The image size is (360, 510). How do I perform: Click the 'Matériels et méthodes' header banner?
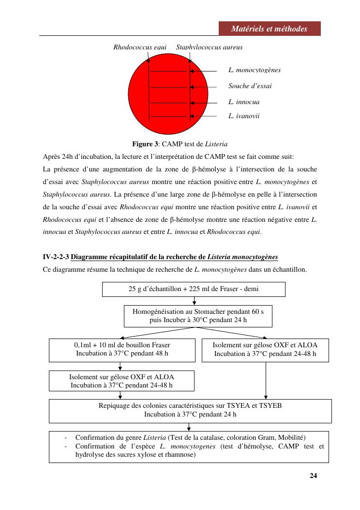pyautogui.click(x=269, y=29)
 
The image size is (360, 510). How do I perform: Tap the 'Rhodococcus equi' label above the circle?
pyautogui.click(x=140, y=47)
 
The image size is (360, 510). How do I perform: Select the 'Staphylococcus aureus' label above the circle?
pyautogui.click(x=209, y=47)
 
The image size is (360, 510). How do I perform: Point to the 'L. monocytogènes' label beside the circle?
pyautogui.click(x=255, y=70)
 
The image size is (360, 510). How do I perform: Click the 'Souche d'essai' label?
pyautogui.click(x=250, y=86)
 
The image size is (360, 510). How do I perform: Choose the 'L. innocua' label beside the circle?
pyautogui.click(x=244, y=102)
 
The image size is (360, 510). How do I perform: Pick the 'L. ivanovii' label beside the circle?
pyautogui.click(x=244, y=116)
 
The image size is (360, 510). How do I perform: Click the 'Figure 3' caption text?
pyautogui.click(x=145, y=144)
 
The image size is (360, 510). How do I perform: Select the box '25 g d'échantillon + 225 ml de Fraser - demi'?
pyautogui.click(x=194, y=289)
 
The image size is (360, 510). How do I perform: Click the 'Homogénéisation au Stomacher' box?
pyautogui.click(x=198, y=316)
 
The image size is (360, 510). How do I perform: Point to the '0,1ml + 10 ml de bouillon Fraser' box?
pyautogui.click(x=122, y=350)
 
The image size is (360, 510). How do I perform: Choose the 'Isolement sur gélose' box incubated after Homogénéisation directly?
pyautogui.click(x=265, y=350)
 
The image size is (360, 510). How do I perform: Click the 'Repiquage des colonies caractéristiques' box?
pyautogui.click(x=190, y=410)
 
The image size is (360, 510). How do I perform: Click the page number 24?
pyautogui.click(x=313, y=475)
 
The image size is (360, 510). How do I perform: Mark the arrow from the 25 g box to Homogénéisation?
pyautogui.click(x=194, y=301)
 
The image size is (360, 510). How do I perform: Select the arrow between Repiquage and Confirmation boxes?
pyautogui.click(x=189, y=427)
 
